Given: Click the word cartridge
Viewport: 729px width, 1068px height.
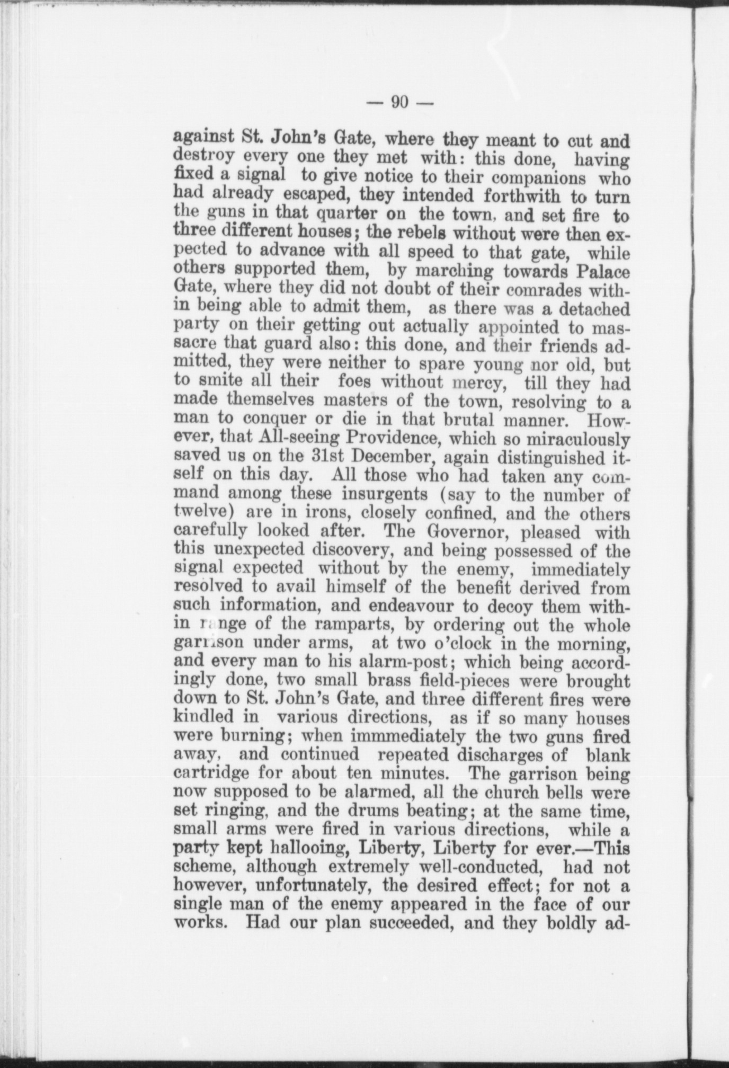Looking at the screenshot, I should click(x=211, y=772).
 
